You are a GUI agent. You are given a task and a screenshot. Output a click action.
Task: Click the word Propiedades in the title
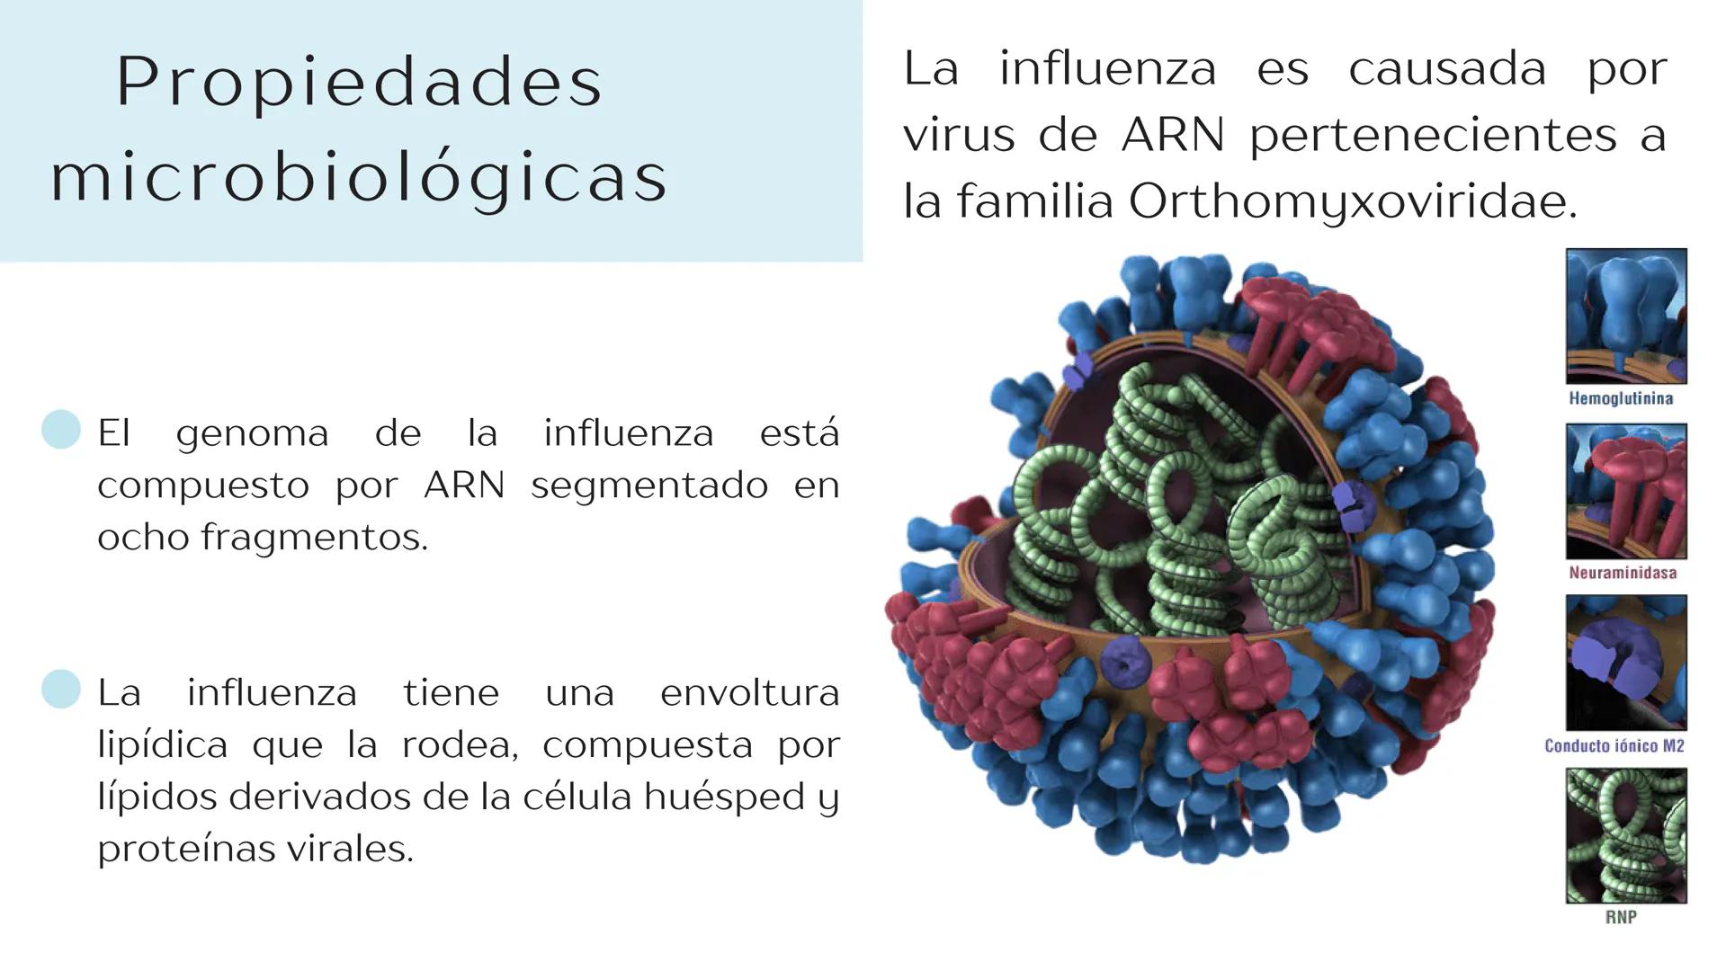pyautogui.click(x=360, y=83)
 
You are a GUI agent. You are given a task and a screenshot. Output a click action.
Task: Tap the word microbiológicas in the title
pyautogui.click(x=360, y=178)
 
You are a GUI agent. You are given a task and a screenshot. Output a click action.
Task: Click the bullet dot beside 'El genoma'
pyautogui.click(x=61, y=430)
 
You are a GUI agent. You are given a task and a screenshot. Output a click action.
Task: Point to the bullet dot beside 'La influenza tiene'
pyautogui.click(x=61, y=690)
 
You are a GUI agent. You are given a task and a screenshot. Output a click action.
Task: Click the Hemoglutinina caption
pyautogui.click(x=1621, y=398)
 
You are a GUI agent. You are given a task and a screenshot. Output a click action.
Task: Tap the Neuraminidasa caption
pyautogui.click(x=1623, y=573)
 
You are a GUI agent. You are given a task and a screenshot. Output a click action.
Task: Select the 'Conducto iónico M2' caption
pyautogui.click(x=1614, y=745)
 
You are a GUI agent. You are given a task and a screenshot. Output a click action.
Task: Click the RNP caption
pyautogui.click(x=1621, y=917)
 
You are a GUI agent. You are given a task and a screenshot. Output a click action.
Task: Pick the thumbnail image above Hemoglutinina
pyautogui.click(x=1626, y=316)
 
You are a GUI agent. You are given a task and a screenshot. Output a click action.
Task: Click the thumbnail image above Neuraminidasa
pyautogui.click(x=1626, y=492)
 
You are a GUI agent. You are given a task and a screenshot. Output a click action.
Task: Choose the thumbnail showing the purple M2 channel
pyautogui.click(x=1626, y=663)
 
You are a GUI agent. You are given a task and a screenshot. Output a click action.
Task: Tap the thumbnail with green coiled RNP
pyautogui.click(x=1626, y=835)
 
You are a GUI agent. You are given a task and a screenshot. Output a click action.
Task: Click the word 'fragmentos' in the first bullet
pyautogui.click(x=314, y=538)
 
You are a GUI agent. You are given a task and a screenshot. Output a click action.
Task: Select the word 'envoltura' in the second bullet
pyautogui.click(x=749, y=693)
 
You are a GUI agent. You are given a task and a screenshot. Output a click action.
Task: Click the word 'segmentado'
pyautogui.click(x=649, y=486)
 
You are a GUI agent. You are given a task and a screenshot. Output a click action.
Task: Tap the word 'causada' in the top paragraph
pyautogui.click(x=1446, y=69)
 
